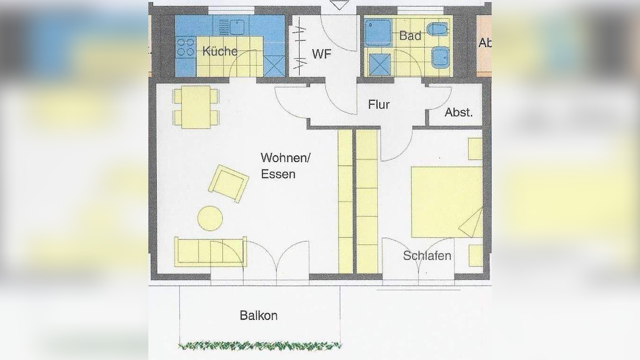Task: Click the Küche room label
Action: pos(219,51)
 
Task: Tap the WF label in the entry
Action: pos(322,54)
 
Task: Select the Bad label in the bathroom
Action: pos(410,35)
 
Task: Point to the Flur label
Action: pos(379,105)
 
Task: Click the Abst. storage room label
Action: pos(458,113)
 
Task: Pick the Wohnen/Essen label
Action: pos(285,165)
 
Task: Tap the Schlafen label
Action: pos(427,256)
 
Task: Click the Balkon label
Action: pos(259,316)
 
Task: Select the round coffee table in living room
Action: pos(210,219)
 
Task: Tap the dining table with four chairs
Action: pos(195,107)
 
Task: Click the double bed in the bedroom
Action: pos(446,202)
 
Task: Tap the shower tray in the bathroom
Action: pos(377,33)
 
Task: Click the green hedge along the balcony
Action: pos(259,346)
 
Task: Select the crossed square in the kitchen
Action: pos(274,66)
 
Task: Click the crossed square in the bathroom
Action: pos(380,65)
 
